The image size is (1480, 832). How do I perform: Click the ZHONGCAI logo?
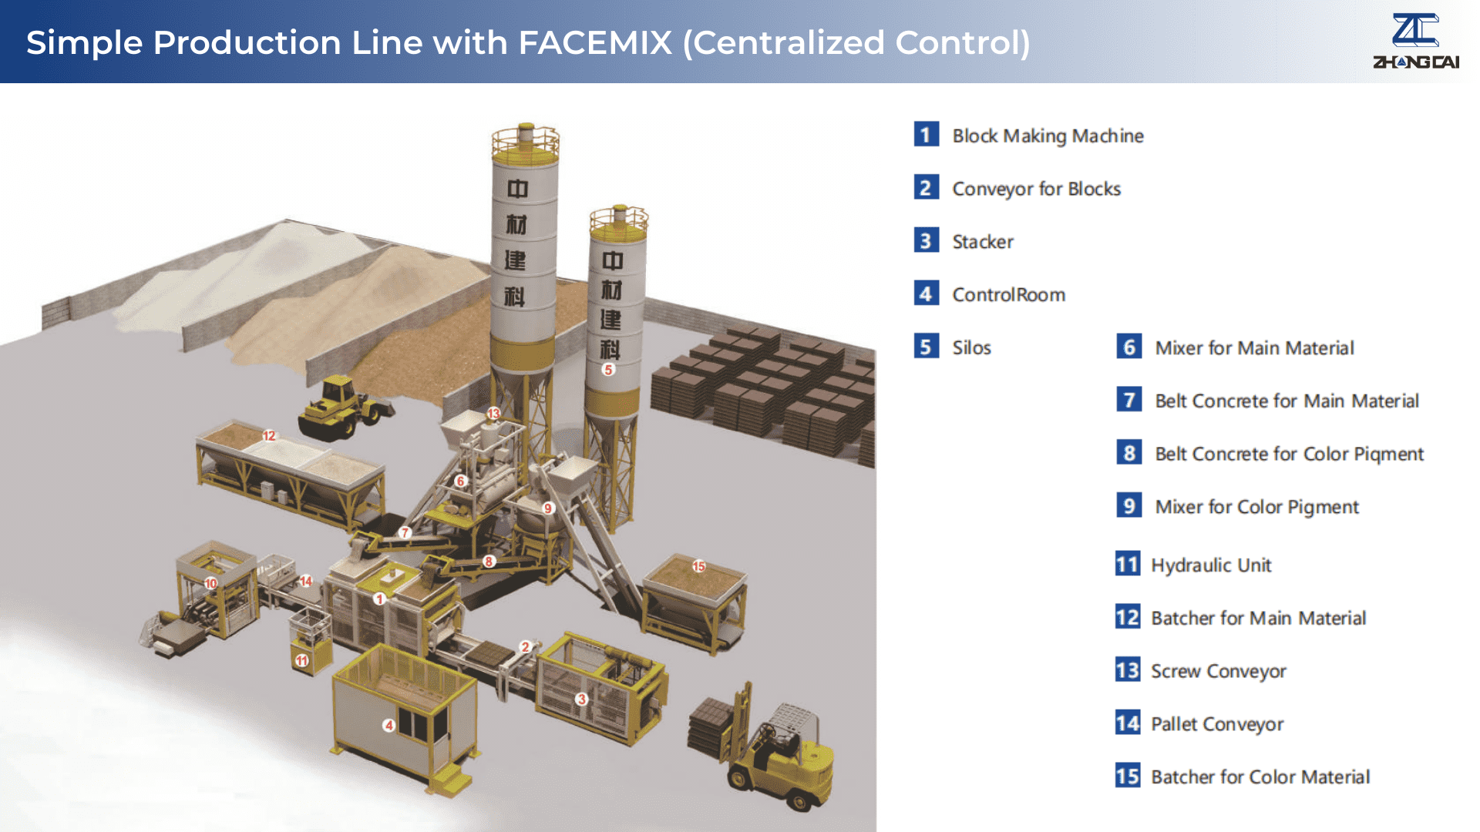tap(1415, 42)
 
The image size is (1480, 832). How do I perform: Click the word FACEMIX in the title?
tap(595, 42)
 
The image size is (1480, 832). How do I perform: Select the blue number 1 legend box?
tap(926, 135)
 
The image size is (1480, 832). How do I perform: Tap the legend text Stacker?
tap(983, 242)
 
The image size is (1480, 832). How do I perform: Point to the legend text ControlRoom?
tap(1008, 295)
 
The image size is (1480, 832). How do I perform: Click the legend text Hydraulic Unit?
tap(1210, 565)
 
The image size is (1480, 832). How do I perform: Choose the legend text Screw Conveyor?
tap(1218, 671)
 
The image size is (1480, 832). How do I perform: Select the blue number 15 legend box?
tap(1127, 776)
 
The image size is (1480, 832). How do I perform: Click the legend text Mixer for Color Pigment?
tap(1256, 507)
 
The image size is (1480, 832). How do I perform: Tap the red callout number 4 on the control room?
tap(389, 725)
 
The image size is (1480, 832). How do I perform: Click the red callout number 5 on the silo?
tap(608, 370)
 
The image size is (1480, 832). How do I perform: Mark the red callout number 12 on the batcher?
tap(269, 436)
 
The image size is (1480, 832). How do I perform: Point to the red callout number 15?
tap(698, 566)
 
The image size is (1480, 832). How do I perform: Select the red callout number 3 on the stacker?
tap(582, 699)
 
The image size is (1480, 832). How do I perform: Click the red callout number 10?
tap(210, 583)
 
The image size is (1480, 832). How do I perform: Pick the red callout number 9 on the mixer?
tap(548, 508)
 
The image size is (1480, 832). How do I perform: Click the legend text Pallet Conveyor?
tap(1216, 724)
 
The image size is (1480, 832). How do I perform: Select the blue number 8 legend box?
tap(1128, 453)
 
